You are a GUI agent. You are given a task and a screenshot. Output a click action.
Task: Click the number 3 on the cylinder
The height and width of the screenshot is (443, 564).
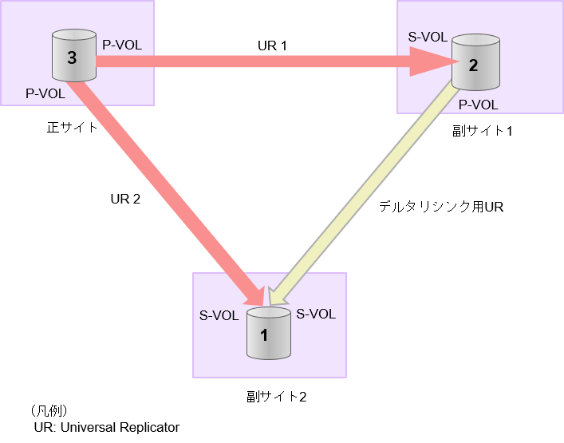(73, 58)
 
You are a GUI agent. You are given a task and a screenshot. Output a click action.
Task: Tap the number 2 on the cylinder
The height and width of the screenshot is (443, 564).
(474, 65)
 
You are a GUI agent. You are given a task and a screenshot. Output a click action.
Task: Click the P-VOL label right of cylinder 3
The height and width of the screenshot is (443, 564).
(122, 45)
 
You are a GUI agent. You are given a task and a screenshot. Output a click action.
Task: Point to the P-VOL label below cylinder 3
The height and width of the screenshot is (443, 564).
(45, 93)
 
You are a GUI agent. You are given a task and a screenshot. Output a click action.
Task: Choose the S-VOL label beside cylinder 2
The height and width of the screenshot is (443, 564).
(428, 37)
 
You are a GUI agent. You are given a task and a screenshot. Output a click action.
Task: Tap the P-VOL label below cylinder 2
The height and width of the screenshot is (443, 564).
(478, 105)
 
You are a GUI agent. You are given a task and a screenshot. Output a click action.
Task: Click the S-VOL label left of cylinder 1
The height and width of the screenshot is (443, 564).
(219, 315)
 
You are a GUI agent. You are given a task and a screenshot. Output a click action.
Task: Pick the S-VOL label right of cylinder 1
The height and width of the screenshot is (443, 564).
(316, 314)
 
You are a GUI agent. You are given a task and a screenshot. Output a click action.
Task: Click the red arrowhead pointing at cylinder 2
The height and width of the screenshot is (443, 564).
(432, 61)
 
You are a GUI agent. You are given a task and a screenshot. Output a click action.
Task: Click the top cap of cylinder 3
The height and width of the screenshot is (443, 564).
(74, 37)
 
